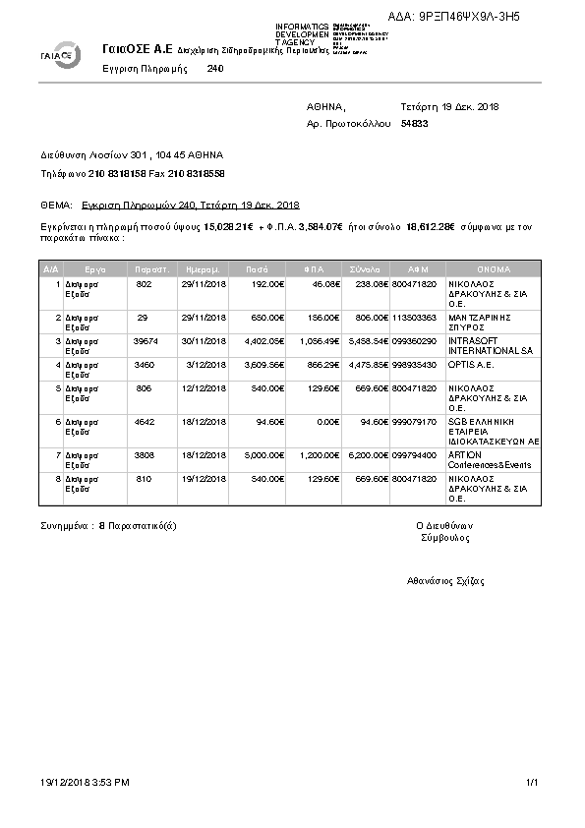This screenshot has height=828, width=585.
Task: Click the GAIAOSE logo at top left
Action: click(x=62, y=55)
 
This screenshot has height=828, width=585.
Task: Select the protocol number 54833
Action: click(x=415, y=124)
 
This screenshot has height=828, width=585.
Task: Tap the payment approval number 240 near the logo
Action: click(x=216, y=70)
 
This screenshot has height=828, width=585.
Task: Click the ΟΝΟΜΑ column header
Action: click(x=493, y=267)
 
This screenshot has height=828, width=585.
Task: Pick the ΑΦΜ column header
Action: click(x=418, y=267)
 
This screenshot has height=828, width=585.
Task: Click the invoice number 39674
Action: click(x=144, y=340)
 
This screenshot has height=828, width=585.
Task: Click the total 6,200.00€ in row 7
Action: click(x=370, y=455)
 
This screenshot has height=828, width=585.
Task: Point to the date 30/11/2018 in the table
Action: click(x=205, y=340)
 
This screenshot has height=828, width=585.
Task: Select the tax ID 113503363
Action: click(x=414, y=318)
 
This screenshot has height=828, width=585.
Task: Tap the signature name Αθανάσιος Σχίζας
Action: click(x=445, y=581)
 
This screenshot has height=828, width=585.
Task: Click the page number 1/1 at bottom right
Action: click(x=532, y=782)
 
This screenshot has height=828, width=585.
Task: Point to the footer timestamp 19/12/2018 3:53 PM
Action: click(x=85, y=782)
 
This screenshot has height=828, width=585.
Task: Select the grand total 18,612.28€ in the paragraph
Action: click(x=432, y=227)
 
